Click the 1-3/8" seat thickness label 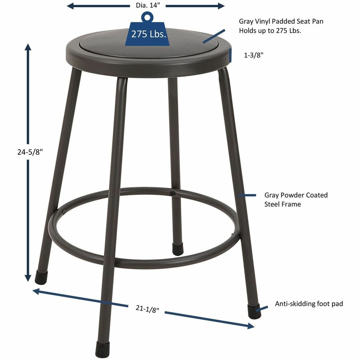click(x=254, y=56)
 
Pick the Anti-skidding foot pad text click(x=309, y=304)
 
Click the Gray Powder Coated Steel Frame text click(x=296, y=200)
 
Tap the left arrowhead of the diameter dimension click(x=70, y=6)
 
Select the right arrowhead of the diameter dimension click(x=221, y=6)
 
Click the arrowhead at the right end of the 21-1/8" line click(x=250, y=326)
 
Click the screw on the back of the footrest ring click(x=172, y=194)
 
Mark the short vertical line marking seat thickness click(x=231, y=55)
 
